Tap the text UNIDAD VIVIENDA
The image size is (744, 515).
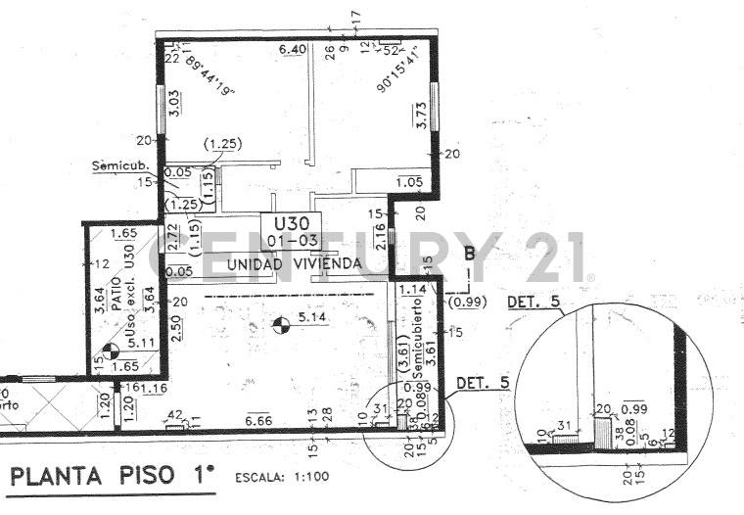[281, 264]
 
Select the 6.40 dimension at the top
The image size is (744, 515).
[293, 49]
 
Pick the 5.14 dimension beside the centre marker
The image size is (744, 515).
[310, 318]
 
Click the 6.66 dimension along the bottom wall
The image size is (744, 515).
[260, 419]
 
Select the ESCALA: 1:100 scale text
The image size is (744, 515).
[280, 479]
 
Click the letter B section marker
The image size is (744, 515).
[469, 255]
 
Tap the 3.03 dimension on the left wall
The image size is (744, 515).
[172, 103]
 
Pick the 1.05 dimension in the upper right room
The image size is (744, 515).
[409, 181]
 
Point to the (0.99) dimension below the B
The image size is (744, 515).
[465, 304]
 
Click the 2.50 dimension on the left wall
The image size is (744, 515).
[175, 327]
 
